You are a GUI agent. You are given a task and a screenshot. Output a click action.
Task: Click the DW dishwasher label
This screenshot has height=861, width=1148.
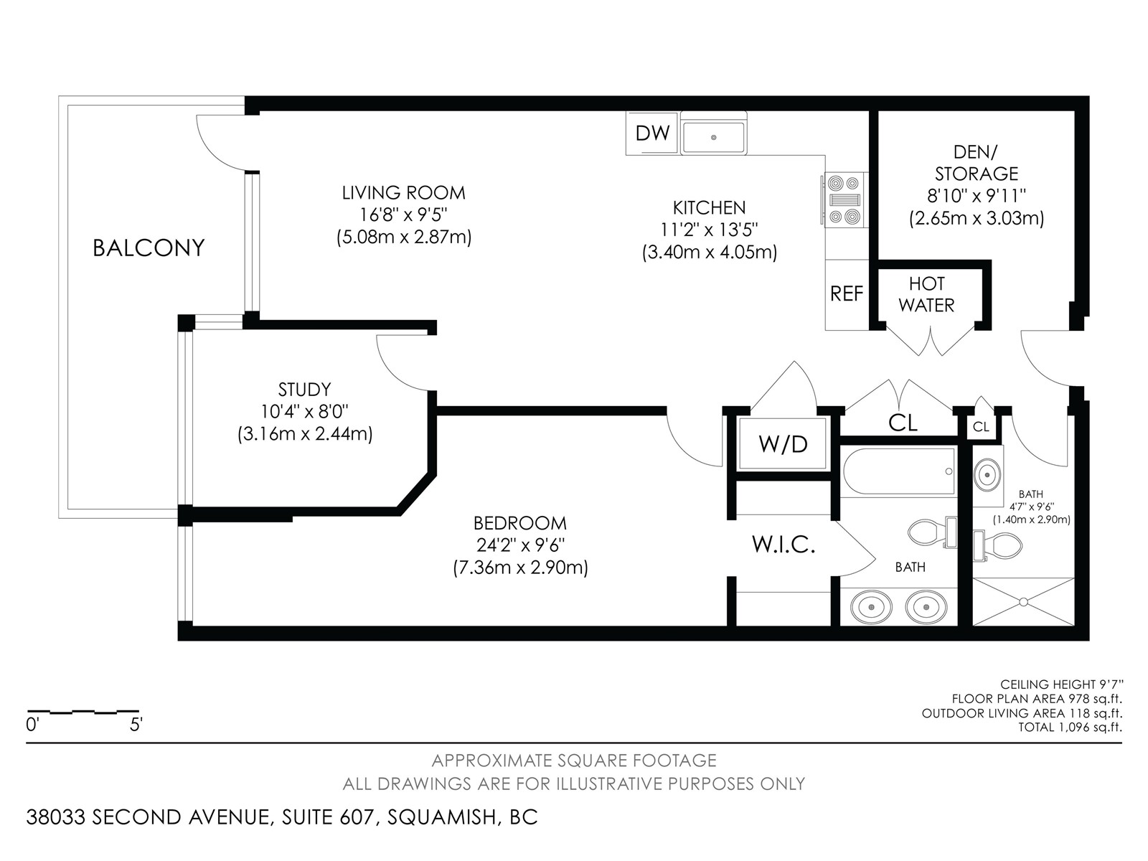click(652, 133)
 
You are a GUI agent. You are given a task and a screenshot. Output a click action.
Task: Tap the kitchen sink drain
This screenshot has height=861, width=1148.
click(713, 138)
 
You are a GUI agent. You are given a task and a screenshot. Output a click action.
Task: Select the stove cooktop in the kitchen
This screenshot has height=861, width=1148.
click(844, 199)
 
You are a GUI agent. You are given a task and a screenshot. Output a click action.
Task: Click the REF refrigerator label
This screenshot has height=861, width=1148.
click(847, 293)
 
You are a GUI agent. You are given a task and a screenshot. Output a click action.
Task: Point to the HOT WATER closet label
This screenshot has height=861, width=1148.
click(927, 294)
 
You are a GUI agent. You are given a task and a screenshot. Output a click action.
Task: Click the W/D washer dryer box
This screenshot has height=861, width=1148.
click(783, 444)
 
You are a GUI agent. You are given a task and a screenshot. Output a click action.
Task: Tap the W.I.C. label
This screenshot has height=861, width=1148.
click(784, 545)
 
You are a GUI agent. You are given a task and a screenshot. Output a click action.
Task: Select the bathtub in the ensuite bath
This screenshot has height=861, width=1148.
click(899, 471)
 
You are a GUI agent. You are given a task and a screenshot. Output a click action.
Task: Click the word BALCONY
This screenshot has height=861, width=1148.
click(149, 248)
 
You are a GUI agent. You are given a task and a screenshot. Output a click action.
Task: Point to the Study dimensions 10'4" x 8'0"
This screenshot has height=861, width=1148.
click(305, 412)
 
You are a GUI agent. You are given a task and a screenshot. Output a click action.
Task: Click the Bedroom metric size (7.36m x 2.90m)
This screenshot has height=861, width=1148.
click(520, 568)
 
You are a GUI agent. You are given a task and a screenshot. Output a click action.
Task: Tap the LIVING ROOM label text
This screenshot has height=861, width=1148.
click(404, 193)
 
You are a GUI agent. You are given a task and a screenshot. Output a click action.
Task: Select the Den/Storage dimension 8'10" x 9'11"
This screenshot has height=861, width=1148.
click(977, 196)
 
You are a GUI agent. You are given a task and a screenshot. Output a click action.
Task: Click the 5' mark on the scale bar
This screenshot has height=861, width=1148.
click(136, 725)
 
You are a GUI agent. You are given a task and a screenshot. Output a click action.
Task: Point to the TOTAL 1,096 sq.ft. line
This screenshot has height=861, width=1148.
click(1070, 727)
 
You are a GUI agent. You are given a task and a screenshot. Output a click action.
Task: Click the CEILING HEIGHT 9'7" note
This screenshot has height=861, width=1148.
click(1062, 684)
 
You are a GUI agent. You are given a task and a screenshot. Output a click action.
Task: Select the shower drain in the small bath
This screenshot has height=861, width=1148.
click(1024, 602)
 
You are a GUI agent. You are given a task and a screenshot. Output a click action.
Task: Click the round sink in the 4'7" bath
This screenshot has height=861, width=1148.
click(987, 475)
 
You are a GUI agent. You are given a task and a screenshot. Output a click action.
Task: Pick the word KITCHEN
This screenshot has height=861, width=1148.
click(709, 208)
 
